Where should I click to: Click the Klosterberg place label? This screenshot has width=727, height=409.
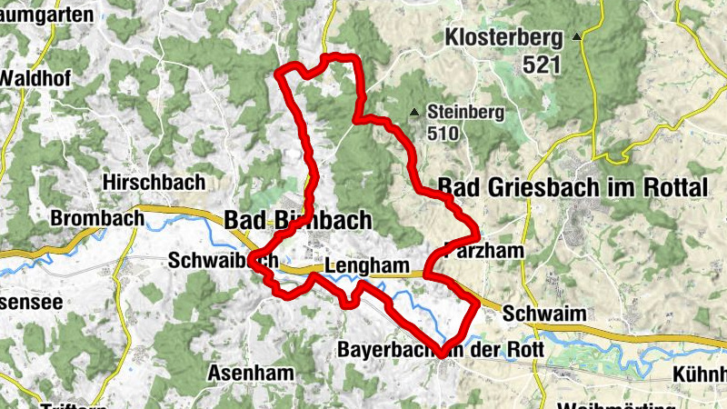click(504, 38)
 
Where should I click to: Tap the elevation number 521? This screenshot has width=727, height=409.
click(543, 65)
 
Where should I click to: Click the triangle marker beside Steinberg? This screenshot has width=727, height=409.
click(415, 113)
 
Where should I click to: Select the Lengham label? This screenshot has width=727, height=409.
click(363, 266)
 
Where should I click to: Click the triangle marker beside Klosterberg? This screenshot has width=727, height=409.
click(577, 38)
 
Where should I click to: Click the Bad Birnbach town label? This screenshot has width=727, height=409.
click(298, 221)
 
